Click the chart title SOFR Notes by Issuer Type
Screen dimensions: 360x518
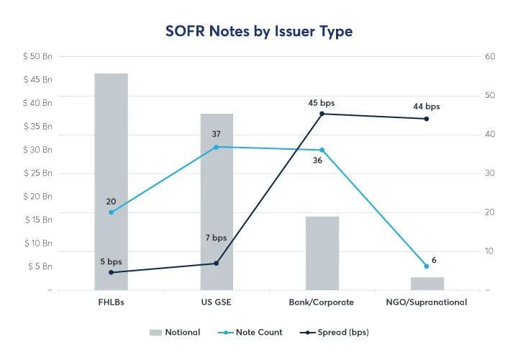tap(259, 32)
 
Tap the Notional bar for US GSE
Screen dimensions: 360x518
tap(217, 202)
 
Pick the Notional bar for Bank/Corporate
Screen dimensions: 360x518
tap(322, 253)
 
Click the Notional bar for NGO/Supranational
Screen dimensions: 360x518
tap(427, 283)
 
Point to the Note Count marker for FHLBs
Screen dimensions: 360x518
tap(111, 212)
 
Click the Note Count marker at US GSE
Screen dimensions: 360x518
tap(217, 147)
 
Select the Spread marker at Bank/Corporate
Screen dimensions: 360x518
tap(322, 114)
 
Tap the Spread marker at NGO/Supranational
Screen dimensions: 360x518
tap(427, 119)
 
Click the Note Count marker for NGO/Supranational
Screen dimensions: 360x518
tap(427, 266)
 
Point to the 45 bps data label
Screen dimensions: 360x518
tap(322, 103)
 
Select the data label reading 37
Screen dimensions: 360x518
tap(216, 135)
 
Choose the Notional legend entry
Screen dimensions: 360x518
tap(175, 333)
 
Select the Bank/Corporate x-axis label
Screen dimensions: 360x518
tap(322, 302)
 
